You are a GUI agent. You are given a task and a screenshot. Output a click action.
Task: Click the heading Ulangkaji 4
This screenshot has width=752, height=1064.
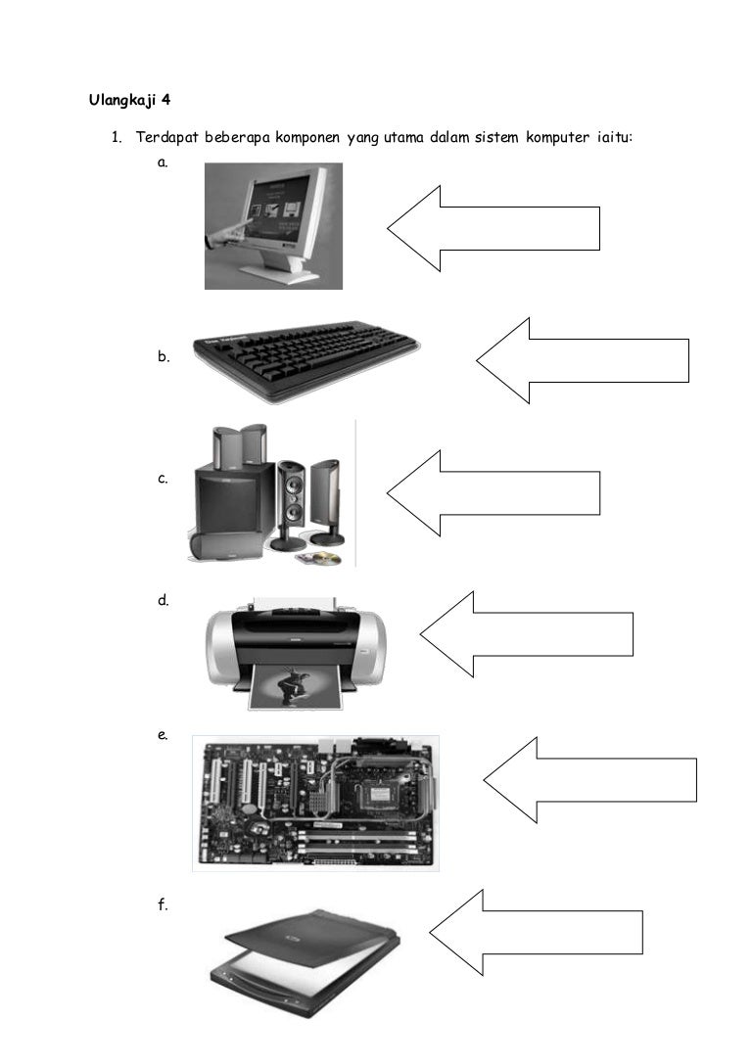tap(129, 99)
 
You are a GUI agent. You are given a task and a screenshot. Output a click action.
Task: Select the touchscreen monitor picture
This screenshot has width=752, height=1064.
tap(273, 226)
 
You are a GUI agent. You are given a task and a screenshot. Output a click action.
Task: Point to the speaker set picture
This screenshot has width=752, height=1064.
tap(267, 495)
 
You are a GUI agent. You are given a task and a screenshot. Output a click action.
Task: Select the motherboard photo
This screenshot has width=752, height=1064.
tap(315, 804)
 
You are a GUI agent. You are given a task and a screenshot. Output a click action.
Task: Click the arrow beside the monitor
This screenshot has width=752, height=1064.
tap(493, 228)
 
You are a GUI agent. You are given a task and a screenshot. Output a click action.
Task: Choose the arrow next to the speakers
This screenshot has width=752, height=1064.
tap(493, 493)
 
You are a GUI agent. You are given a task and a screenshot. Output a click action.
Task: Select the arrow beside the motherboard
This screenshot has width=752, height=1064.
tap(590, 780)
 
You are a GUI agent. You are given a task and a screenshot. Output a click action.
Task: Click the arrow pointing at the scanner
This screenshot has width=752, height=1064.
tap(537, 932)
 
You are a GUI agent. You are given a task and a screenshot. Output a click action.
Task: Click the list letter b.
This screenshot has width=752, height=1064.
tap(163, 358)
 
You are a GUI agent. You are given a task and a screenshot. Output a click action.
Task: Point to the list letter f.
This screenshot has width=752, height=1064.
tap(163, 905)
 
